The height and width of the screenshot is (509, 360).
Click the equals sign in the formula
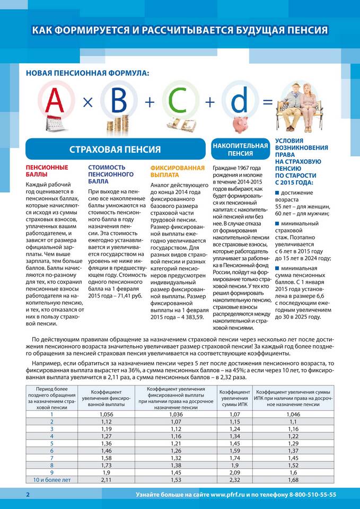(268, 102)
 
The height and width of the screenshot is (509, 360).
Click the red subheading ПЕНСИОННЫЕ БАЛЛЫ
(47, 171)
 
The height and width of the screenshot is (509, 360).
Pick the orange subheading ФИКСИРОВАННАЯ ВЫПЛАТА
(177, 171)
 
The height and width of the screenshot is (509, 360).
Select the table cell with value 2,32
(235, 480)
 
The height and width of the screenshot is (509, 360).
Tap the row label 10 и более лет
(52, 480)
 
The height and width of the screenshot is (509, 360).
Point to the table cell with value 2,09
(235, 472)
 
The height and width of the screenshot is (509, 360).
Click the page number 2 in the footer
(28, 495)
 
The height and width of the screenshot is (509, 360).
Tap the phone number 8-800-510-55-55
(312, 495)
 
